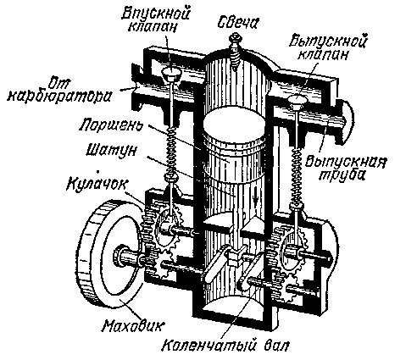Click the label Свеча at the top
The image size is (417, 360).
click(237, 22)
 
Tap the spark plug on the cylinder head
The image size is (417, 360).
click(235, 51)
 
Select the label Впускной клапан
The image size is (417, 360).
click(155, 19)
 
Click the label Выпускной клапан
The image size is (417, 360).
click(328, 47)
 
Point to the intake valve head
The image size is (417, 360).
click(171, 75)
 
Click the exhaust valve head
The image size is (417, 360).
click(297, 101)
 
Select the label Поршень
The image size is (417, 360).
click(110, 125)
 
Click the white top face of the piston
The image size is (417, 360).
click(234, 124)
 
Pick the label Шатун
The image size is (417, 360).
click(111, 150)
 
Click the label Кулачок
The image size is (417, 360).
click(97, 184)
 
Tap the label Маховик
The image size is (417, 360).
click(132, 326)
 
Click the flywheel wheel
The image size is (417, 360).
click(85, 254)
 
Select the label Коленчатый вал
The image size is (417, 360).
click(225, 345)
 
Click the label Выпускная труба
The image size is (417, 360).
click(346, 168)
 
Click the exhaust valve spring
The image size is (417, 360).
click(297, 176)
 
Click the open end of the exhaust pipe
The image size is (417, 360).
click(348, 122)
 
